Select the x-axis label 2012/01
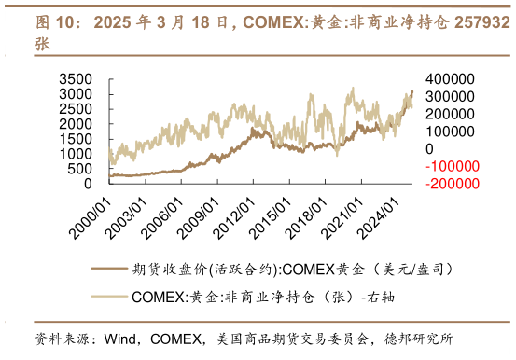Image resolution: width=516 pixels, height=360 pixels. (232, 214)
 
